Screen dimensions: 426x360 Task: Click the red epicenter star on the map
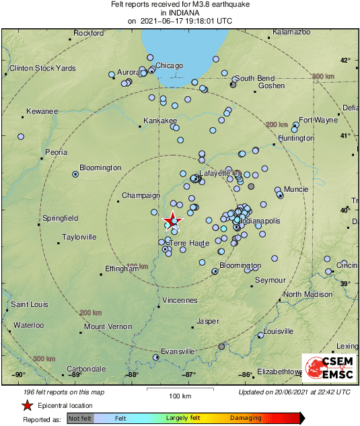coord(173,220)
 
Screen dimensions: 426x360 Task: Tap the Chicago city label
coord(169,65)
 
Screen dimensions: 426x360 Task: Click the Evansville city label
coord(178,351)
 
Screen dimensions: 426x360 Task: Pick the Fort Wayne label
coord(318,120)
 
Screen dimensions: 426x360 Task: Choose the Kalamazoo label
coord(291,32)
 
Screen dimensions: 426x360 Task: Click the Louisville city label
coord(278,331)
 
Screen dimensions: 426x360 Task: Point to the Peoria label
coord(56,152)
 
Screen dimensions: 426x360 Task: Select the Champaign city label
coord(139,196)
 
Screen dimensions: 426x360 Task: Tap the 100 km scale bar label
coord(180,395)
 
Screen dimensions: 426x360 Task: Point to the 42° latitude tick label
coord(345,60)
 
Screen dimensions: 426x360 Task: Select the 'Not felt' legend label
coord(80,418)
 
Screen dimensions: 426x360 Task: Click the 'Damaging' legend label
coord(245,418)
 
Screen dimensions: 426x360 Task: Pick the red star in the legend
coord(27,405)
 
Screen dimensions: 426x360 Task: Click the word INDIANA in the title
coord(180,12)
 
